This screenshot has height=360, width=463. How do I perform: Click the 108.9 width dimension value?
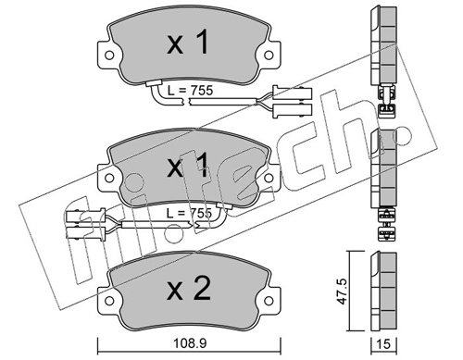tap(190, 343)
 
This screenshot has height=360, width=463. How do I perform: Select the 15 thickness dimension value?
tap(383, 344)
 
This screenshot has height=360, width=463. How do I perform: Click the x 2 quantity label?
tap(189, 289)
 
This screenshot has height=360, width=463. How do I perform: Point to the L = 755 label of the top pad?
tap(190, 91)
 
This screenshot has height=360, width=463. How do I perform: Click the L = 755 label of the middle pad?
tap(189, 213)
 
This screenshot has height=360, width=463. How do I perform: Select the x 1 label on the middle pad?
tap(187, 166)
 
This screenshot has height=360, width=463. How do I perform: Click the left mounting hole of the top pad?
tap(109, 56)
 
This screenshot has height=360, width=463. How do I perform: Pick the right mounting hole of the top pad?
tap(269, 56)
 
